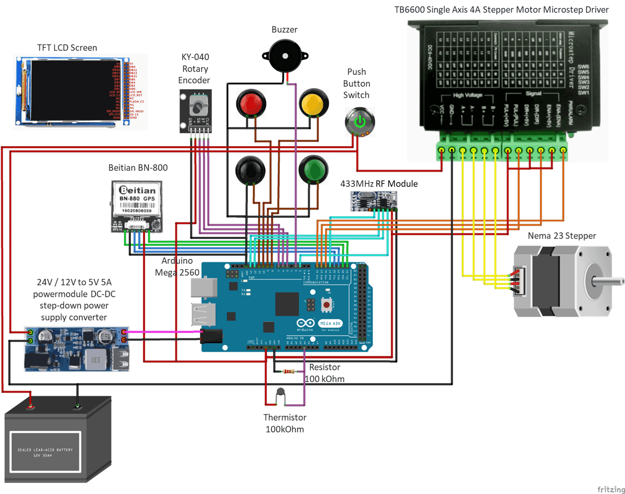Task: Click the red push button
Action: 251,104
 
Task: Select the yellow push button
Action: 314,104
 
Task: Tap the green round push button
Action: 313,169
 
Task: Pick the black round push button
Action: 250,170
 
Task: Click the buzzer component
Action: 285,56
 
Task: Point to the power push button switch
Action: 360,122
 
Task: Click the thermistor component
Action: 280,393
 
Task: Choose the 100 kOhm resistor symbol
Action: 289,371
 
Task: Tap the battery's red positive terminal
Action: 30,406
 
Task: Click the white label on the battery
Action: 46,452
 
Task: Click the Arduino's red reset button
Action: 327,304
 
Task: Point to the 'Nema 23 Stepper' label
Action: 562,236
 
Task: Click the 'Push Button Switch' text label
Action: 356,83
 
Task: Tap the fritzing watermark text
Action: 610,489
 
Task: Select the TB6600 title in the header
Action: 501,9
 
